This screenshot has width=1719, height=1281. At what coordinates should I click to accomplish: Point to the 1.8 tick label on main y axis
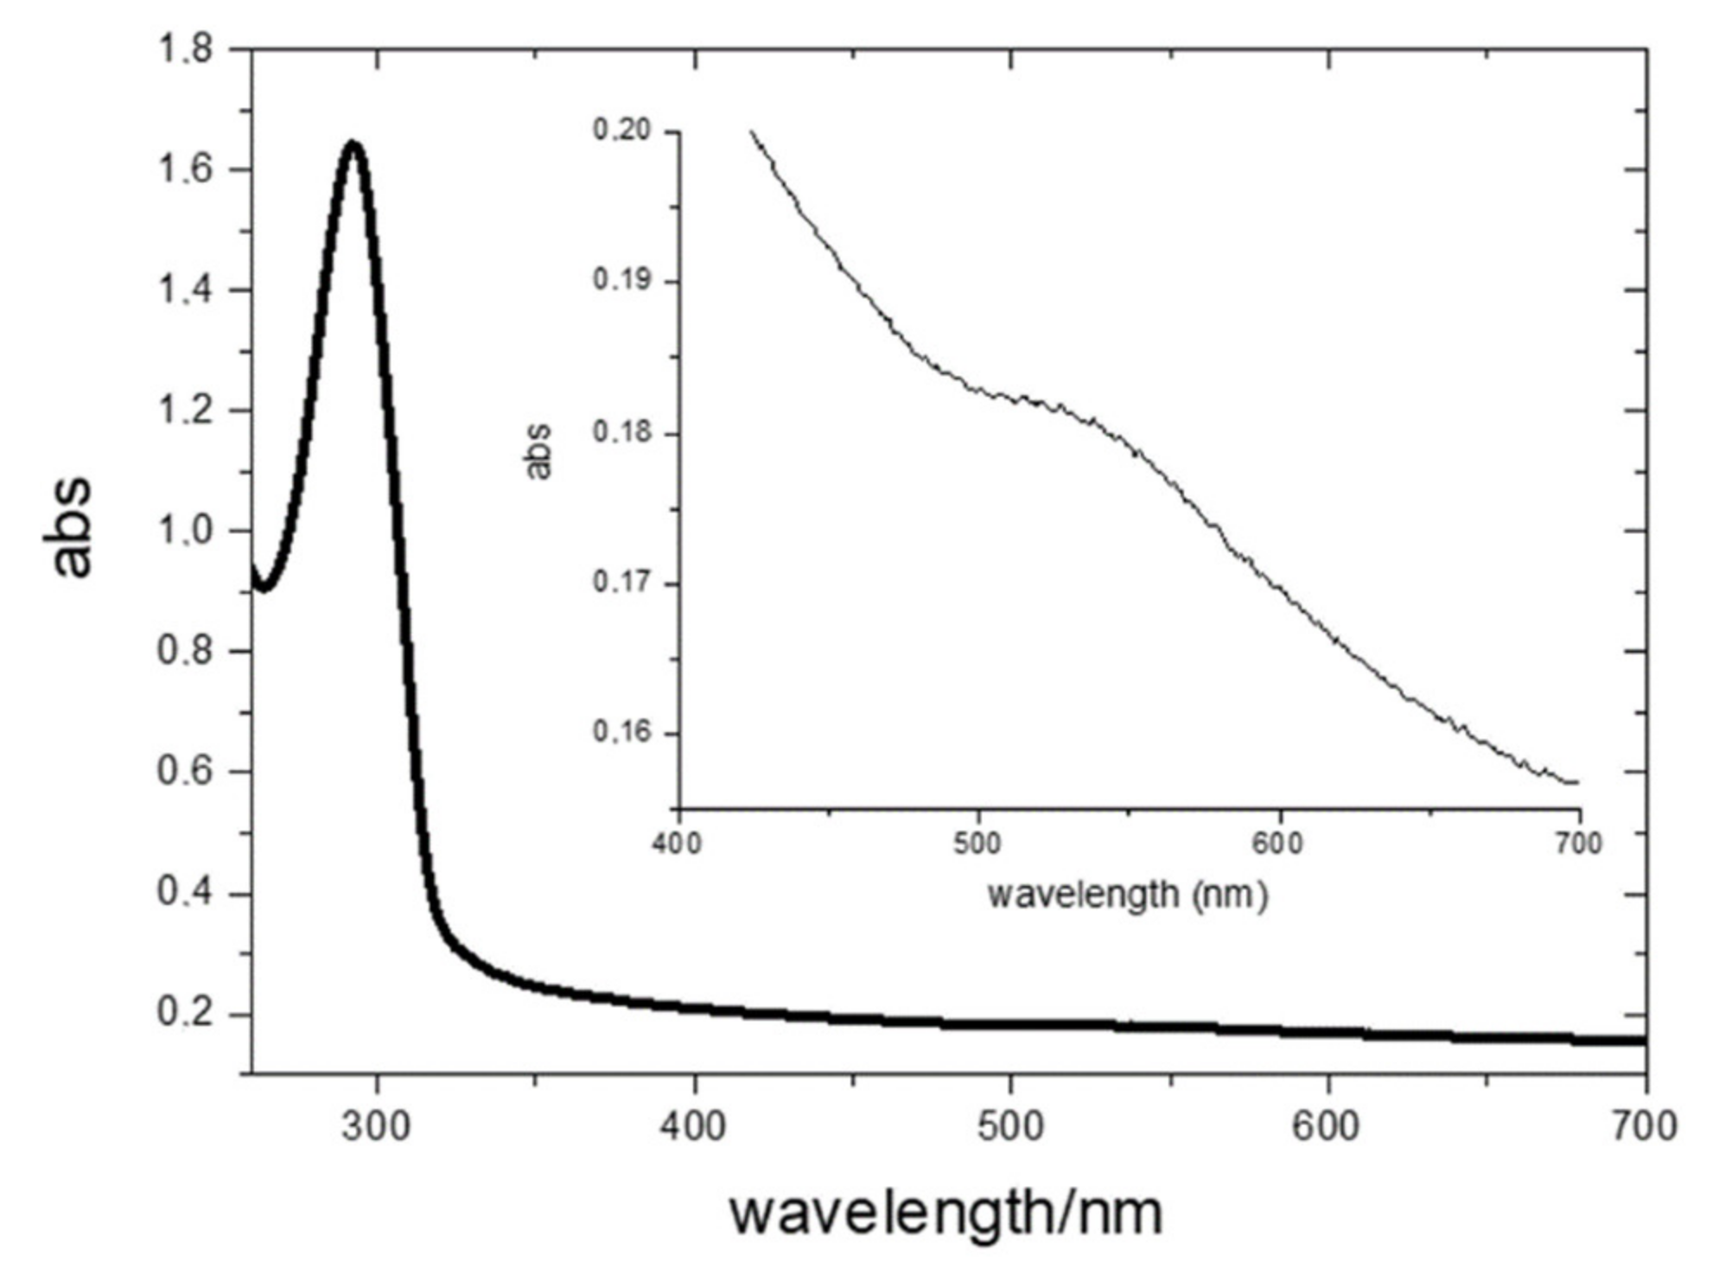pos(185,49)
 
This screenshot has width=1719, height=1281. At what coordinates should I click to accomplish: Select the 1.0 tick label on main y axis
pos(185,531)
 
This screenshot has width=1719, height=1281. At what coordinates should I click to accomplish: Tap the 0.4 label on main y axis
pos(185,893)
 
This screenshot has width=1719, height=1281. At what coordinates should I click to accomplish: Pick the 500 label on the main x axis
pos(1010,1126)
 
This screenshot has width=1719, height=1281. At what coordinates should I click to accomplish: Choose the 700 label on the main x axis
pos(1645,1126)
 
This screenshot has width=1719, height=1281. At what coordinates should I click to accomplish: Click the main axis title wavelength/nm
pos(945,1213)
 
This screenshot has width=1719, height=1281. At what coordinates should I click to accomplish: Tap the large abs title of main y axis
pos(69,526)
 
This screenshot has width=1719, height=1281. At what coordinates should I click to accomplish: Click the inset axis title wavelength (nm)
pos(1127,895)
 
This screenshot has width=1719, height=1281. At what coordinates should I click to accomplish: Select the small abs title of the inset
pos(538,451)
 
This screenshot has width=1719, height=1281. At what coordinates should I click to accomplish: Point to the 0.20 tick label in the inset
pos(621,131)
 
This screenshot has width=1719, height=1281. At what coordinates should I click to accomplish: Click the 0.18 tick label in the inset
pos(621,431)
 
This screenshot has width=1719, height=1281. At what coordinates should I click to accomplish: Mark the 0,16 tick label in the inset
pos(621,732)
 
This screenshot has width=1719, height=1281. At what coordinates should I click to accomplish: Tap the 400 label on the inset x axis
pos(677,844)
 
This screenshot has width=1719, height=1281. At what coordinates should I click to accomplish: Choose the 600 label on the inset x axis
pos(1277,844)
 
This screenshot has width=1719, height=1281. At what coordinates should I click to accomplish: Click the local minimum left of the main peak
pos(264,589)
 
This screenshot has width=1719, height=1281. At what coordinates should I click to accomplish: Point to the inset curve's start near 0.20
pos(752,132)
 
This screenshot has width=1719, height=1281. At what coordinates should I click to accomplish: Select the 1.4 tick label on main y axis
pos(185,290)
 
